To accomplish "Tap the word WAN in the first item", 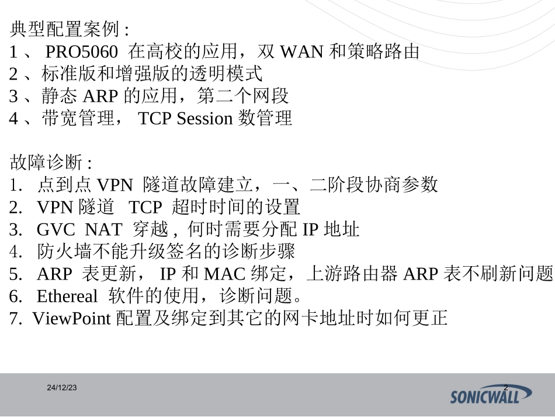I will pyautogui.click(x=301, y=52).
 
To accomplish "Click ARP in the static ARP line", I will pyautogui.click(x=105, y=96).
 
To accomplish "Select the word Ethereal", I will pyautogui.click(x=67, y=296).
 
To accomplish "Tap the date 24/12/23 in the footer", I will pyautogui.click(x=63, y=388).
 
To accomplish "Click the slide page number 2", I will pyautogui.click(x=505, y=388).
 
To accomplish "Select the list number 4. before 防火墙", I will pyautogui.click(x=16, y=251).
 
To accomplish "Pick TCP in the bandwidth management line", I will pyautogui.click(x=155, y=118).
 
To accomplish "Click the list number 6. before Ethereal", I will pyautogui.click(x=16, y=296).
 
